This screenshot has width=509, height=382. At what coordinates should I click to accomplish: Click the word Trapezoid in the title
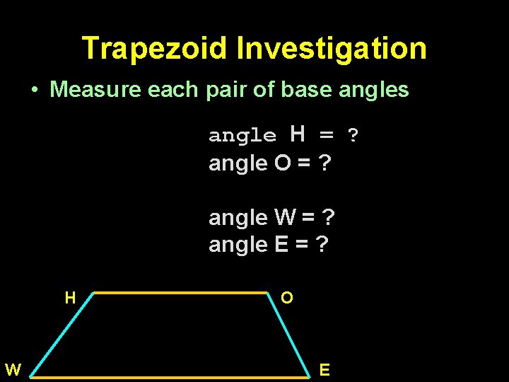155,49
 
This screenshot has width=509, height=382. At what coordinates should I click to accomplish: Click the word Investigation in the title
332,49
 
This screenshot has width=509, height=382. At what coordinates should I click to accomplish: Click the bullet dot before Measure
34,91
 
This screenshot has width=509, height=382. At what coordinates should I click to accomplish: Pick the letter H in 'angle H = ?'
298,134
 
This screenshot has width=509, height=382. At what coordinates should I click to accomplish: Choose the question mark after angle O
325,163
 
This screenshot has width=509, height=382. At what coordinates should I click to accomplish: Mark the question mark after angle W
328,218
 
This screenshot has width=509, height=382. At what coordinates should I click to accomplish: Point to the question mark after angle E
322,245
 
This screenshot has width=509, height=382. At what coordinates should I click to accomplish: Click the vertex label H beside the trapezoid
70,298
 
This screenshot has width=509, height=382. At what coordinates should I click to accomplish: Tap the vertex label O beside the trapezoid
286,298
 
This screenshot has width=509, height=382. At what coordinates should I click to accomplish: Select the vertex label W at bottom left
13,369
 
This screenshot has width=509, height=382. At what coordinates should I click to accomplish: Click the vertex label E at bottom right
324,369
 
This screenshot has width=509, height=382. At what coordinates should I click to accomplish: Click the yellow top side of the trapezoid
180,291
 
